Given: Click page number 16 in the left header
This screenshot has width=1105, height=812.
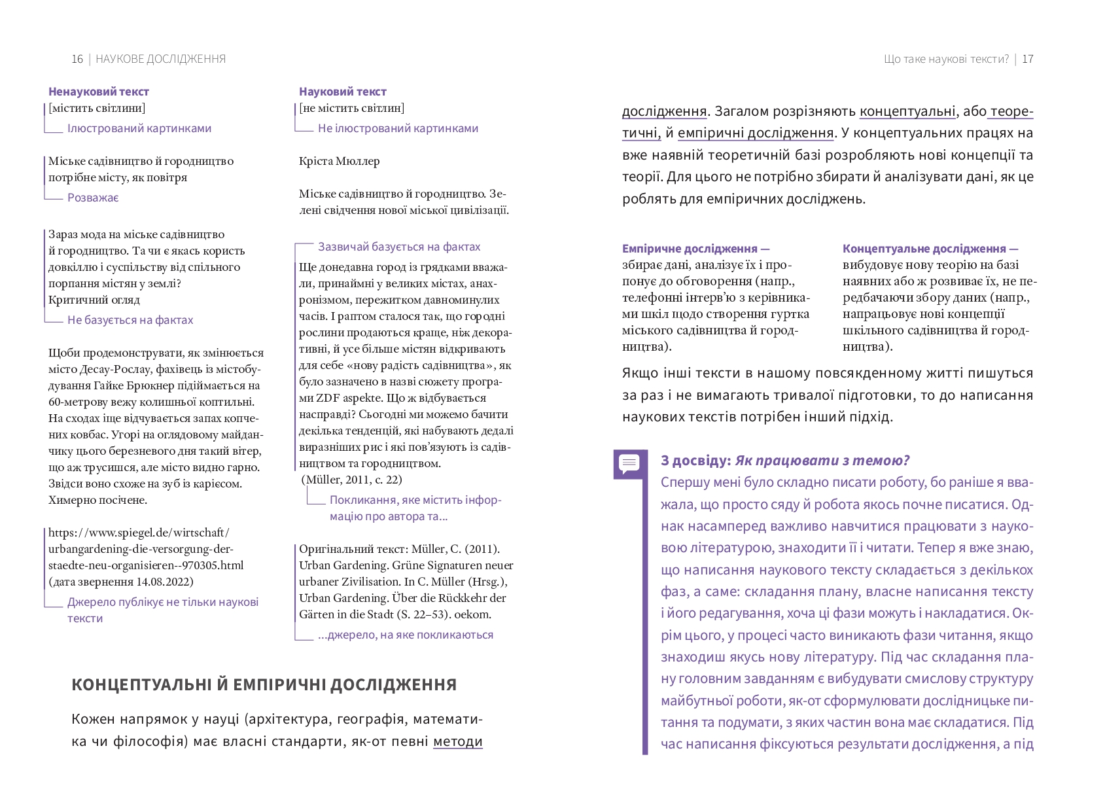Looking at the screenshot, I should click(77, 59).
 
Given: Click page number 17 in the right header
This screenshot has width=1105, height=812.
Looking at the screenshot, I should click(1027, 59).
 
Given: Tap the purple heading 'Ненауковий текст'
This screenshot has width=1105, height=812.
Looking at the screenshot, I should click(99, 92).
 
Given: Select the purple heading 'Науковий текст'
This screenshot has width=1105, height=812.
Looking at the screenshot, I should click(343, 92).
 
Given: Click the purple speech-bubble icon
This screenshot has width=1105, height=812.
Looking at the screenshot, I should click(629, 463).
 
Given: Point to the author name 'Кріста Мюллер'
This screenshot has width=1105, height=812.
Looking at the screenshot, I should click(339, 161).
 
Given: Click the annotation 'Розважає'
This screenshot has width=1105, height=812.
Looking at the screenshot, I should click(93, 198).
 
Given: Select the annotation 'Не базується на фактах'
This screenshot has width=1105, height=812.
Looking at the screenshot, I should click(130, 320).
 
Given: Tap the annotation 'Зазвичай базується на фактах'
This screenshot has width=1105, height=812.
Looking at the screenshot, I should click(399, 247).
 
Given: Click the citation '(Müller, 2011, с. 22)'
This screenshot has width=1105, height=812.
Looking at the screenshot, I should click(352, 480).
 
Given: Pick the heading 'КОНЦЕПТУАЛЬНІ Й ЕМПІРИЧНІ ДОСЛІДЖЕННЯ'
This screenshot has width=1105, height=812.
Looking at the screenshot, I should click(264, 685).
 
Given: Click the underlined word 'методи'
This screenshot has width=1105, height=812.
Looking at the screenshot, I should click(458, 741).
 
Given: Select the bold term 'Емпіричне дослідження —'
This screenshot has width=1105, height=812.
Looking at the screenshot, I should click(695, 249).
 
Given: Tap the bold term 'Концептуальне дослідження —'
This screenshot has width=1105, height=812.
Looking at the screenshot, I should click(930, 249).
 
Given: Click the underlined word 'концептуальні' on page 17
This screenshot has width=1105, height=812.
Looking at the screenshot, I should click(907, 111).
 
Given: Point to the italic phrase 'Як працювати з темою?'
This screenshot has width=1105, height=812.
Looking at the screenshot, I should click(822, 461).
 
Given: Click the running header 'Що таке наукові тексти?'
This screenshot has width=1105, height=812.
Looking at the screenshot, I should click(946, 59).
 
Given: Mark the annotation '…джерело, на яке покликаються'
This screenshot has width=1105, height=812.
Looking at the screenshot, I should click(406, 635).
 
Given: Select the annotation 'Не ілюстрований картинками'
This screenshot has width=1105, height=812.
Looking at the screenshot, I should click(398, 128).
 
